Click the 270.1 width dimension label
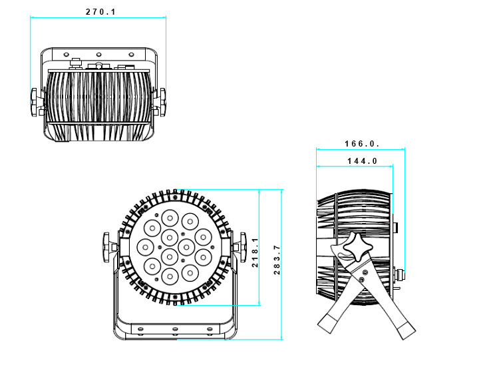100,12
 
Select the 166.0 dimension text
362,144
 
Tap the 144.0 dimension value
362,161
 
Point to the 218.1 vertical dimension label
255,252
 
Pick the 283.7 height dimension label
277,260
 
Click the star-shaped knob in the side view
357,247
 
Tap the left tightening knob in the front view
106,248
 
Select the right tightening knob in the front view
243,247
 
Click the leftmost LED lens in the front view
146,247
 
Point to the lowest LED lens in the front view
170,276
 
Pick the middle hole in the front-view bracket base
175,329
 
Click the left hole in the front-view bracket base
140,329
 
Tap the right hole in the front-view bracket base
210,329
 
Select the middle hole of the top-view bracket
98,55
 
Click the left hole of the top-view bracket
66,55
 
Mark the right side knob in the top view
162,102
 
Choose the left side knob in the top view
34,102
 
